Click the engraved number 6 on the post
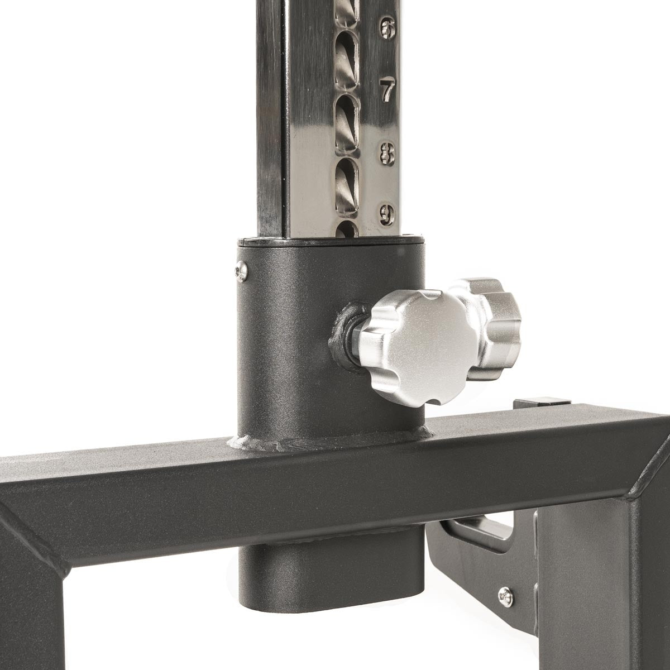(387, 28)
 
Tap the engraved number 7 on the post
(387, 90)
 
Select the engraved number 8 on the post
(387, 154)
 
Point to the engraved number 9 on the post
(387, 215)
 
